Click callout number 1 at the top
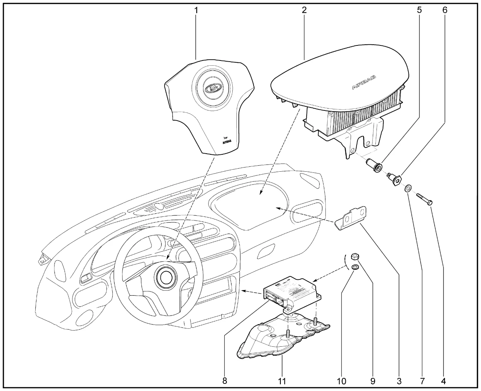(x=196, y=10)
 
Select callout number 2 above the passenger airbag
(x=304, y=10)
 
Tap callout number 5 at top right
(x=419, y=10)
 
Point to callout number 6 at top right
(x=445, y=10)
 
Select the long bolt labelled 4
(x=424, y=198)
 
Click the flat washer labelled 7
(x=408, y=187)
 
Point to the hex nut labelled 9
(x=354, y=257)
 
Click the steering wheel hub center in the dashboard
(x=165, y=277)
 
